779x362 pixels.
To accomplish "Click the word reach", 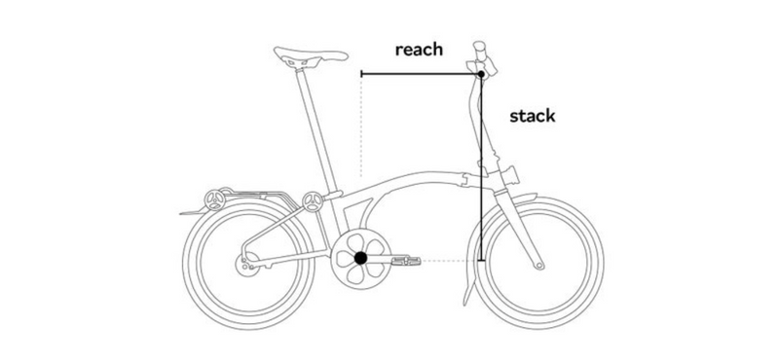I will (420, 50).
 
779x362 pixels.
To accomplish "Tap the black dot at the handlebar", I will (480, 74).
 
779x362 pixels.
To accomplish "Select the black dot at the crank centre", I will (360, 259).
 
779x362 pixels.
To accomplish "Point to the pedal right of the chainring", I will (407, 260).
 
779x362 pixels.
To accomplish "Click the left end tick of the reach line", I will (361, 74).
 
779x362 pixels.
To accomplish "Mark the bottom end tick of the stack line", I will (480, 260).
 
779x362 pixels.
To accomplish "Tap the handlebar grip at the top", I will (479, 48).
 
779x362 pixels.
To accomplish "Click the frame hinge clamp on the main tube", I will (468, 178).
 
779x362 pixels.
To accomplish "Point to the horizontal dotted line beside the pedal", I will (448, 260).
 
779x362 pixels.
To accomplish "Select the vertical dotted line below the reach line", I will (361, 127).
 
